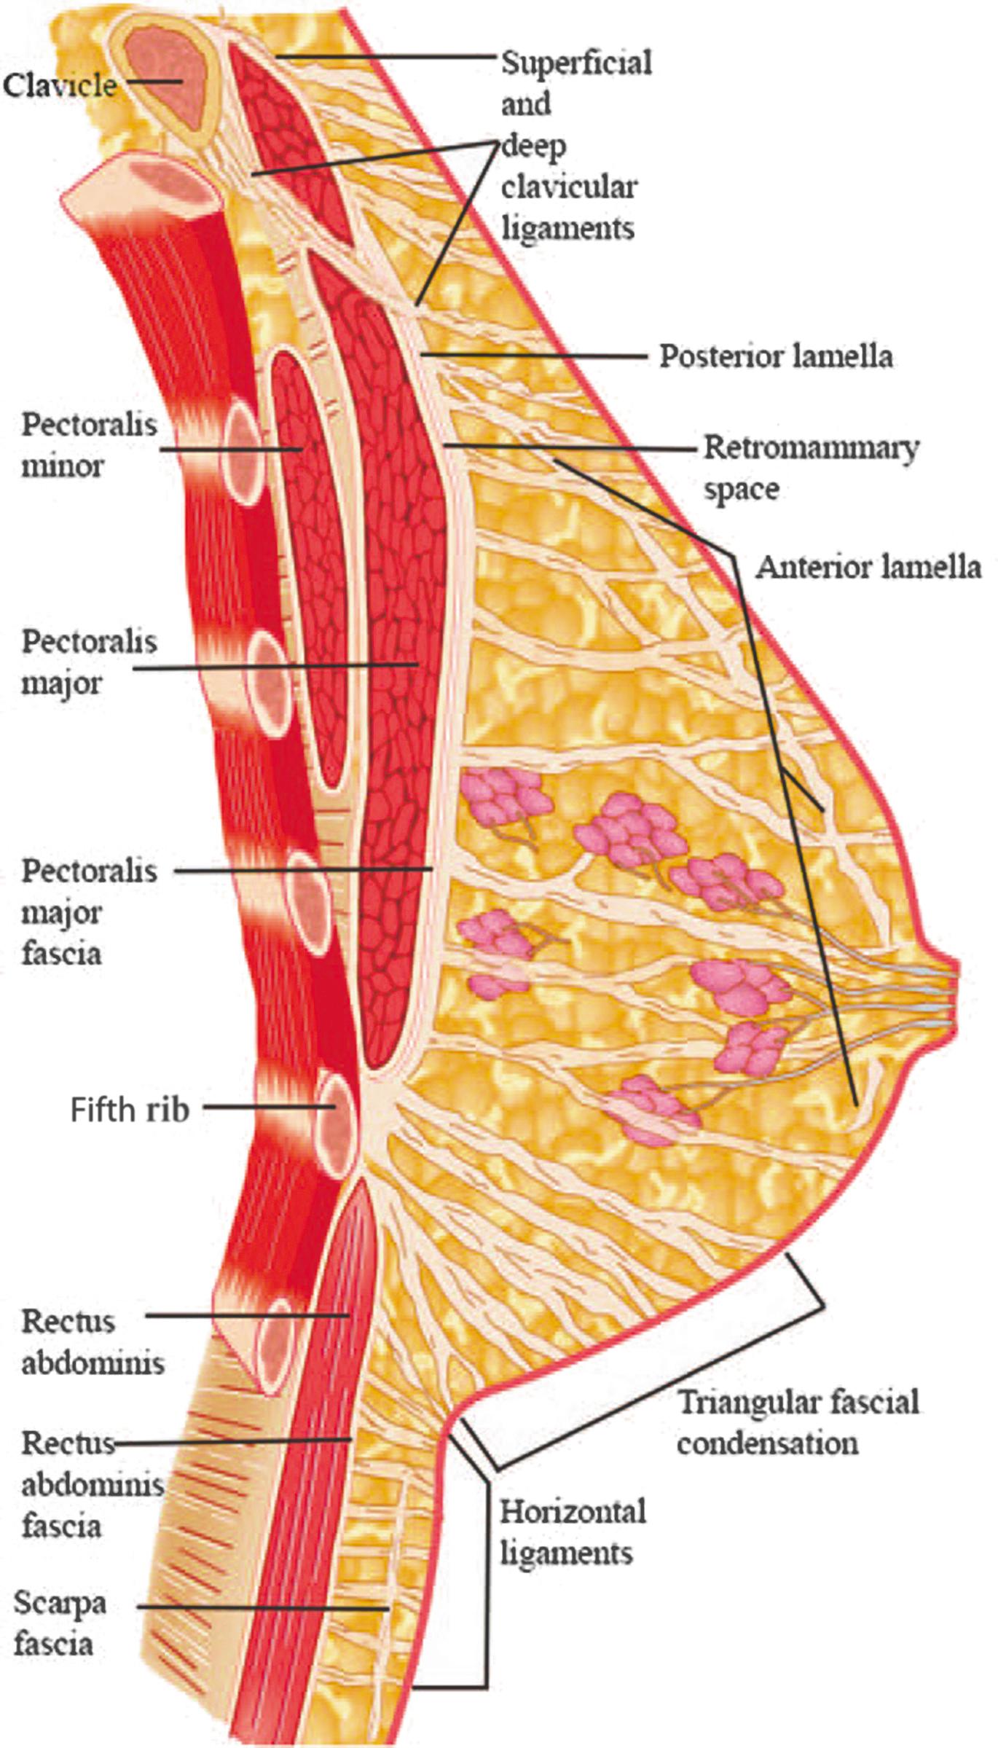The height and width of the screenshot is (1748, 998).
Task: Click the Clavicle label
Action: pos(60,86)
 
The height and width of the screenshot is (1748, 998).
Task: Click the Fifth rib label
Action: pos(130,1110)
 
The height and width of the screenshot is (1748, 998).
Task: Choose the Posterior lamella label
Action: pos(776,356)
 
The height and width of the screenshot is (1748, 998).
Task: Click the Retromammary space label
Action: pos(810,468)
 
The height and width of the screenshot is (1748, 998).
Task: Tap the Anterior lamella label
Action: pos(868,568)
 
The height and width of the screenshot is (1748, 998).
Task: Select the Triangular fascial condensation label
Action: pos(798,1422)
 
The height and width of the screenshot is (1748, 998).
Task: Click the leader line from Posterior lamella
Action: pos(535,356)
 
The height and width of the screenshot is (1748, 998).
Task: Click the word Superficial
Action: pos(576,63)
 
